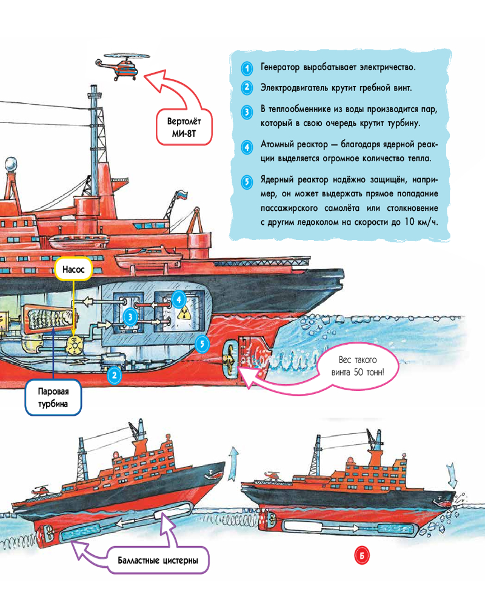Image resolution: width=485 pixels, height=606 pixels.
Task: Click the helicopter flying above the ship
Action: [x=122, y=66]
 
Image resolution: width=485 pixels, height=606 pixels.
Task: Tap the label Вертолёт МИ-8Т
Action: [x=184, y=127]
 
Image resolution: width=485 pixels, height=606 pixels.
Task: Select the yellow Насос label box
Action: [x=73, y=269]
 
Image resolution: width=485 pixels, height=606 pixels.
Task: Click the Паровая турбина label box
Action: [x=53, y=398]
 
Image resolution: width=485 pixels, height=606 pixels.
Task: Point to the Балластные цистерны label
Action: [x=158, y=560]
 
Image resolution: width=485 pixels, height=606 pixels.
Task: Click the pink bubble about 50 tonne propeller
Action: [x=357, y=365]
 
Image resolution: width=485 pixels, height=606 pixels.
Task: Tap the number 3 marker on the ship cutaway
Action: [x=130, y=318]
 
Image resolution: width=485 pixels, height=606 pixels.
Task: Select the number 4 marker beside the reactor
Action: [x=179, y=299]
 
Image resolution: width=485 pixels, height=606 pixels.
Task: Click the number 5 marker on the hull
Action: [x=202, y=344]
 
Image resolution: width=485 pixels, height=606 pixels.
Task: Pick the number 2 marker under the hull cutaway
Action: [x=114, y=375]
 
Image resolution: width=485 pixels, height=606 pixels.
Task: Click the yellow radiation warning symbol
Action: [x=183, y=314]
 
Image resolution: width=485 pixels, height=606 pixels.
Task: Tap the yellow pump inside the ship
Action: [x=73, y=345]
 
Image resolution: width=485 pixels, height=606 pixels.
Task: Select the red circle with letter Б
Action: [x=362, y=555]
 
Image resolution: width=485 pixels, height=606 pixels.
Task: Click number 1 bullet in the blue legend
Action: [x=247, y=68]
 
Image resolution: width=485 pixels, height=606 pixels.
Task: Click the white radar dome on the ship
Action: [x=12, y=164]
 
